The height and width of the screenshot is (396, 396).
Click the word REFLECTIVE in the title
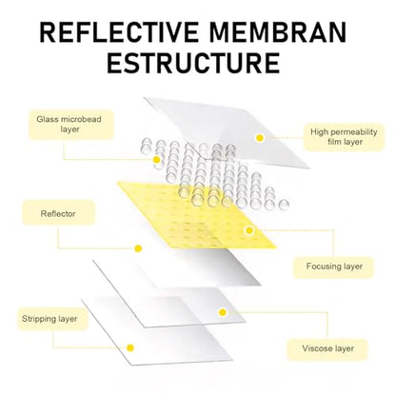[119, 32]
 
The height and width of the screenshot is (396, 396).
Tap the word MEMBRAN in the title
[278, 32]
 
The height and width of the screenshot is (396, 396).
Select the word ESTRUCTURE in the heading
[193, 63]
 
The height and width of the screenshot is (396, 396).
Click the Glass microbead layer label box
[71, 125]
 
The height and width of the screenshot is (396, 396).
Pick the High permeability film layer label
[344, 137]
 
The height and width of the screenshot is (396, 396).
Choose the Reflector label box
[59, 213]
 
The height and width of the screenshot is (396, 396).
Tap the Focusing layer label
[334, 267]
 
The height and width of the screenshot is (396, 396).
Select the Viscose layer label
[327, 348]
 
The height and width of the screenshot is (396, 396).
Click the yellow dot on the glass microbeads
[156, 160]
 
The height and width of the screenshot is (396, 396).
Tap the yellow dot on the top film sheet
[260, 138]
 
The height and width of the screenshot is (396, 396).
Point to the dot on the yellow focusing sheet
[249, 230]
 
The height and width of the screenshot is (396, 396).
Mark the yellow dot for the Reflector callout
[138, 248]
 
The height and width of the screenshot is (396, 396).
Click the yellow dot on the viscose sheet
[223, 312]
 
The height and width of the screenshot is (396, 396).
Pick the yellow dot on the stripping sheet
[130, 347]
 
